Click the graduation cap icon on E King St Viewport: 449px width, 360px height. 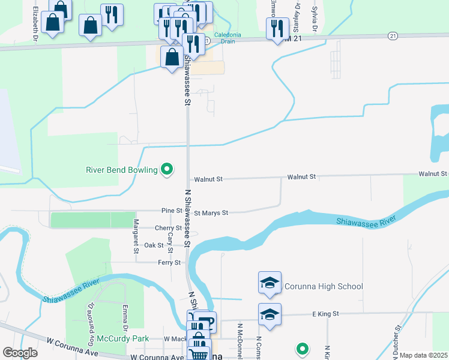coord(270,314)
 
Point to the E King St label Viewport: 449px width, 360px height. coord(325,314)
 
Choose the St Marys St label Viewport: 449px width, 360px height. coord(211,212)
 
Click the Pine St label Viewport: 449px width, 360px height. coord(172,211)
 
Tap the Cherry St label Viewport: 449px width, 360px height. coord(168,228)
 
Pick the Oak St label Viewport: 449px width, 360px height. coord(154,245)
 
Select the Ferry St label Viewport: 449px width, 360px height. coord(169,262)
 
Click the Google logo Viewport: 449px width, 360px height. coord(20,353)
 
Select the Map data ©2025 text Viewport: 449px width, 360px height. coord(423,355)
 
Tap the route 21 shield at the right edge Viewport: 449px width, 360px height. coord(393,36)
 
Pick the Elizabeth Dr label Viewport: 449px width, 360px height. coord(36,24)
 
